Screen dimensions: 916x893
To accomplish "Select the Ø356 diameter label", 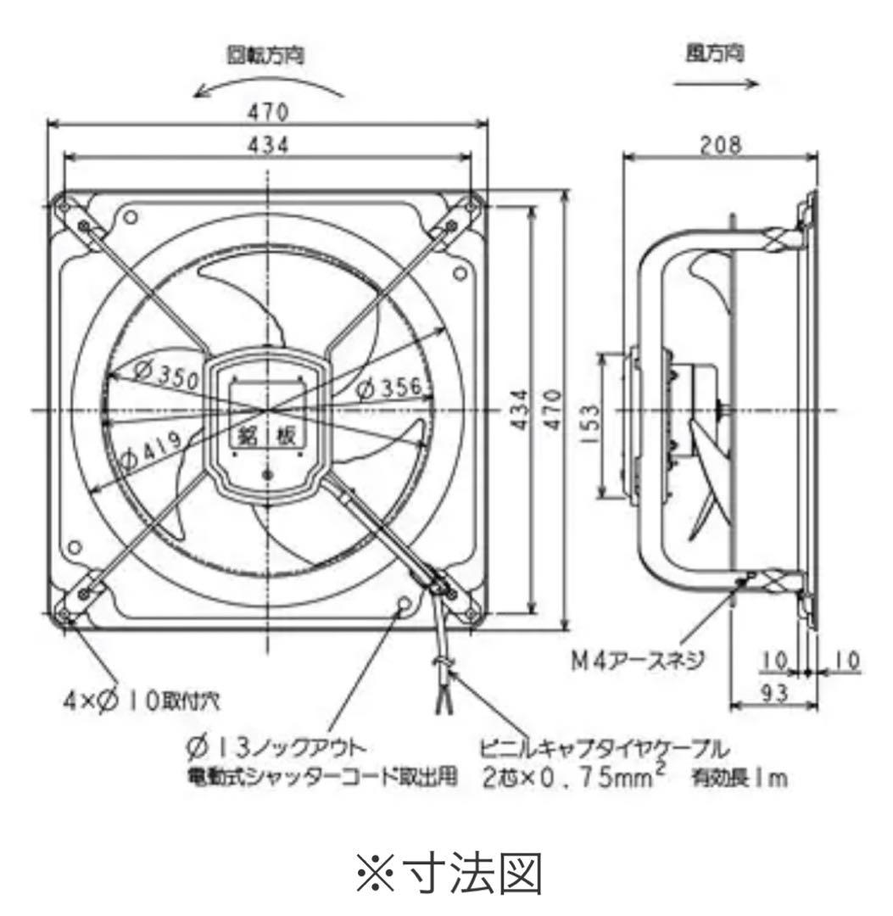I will coord(388,388).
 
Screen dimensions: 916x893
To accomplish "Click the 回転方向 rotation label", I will coord(265,55).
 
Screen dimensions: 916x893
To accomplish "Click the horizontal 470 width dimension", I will coord(267,113).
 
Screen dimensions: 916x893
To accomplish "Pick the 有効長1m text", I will coord(740,777).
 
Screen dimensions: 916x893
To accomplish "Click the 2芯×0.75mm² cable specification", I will coord(578,775).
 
